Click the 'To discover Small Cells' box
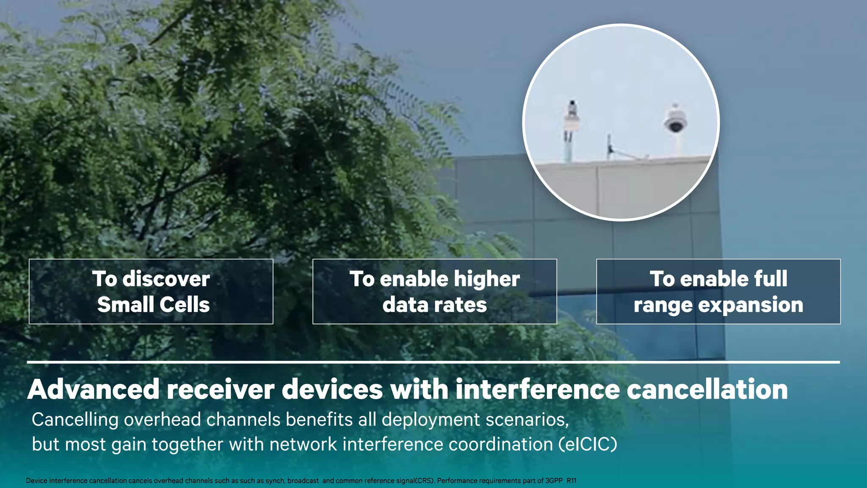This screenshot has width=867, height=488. (x=151, y=291)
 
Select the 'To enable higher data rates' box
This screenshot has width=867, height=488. (x=434, y=291)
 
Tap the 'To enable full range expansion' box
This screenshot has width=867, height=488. (x=718, y=291)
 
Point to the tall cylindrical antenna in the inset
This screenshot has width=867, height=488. (x=571, y=127)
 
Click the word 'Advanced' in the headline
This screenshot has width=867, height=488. (x=94, y=389)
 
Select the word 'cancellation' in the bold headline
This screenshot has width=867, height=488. (x=707, y=389)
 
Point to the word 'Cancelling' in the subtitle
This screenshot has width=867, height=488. (x=75, y=420)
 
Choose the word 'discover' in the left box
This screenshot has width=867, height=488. (x=166, y=279)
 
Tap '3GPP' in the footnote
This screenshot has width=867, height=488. (x=554, y=481)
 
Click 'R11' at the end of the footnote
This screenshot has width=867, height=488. (x=572, y=481)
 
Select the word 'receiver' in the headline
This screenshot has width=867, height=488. (x=221, y=389)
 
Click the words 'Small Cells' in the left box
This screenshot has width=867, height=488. (x=153, y=305)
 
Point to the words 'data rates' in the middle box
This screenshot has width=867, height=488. (x=434, y=305)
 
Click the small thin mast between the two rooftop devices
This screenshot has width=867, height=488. (x=609, y=146)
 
